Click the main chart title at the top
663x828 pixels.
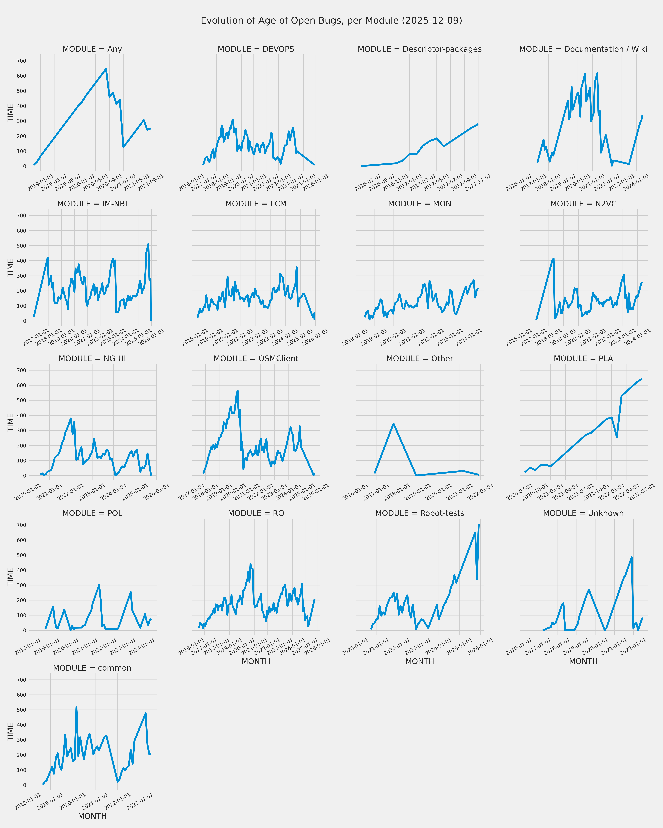(x=331, y=20)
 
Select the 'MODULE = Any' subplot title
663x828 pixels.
(x=92, y=49)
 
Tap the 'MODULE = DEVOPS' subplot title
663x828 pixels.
(x=256, y=49)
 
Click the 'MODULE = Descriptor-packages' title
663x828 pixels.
(x=420, y=49)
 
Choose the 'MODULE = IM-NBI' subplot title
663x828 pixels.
(x=92, y=204)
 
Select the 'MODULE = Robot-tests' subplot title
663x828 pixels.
(x=420, y=513)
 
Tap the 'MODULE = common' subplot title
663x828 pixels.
(x=92, y=668)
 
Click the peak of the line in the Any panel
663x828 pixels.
(x=106, y=69)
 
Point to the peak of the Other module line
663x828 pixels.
(x=394, y=424)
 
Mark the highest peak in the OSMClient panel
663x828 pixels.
(x=238, y=391)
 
